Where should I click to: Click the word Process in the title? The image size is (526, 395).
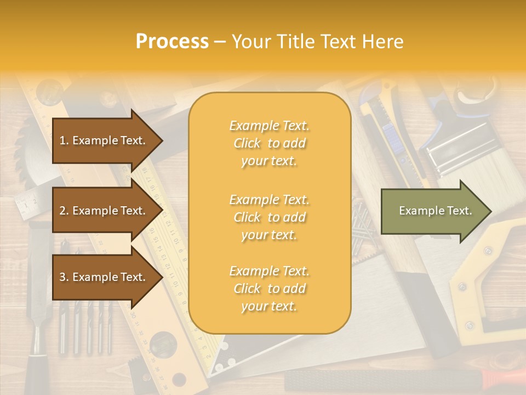click(172, 42)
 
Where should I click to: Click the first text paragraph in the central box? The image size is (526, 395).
click(269, 143)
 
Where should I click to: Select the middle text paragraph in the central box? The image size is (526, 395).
click(269, 217)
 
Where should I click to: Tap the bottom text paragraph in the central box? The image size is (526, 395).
click(269, 289)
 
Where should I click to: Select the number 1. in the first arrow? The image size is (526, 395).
click(64, 140)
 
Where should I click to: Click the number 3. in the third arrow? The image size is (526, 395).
click(64, 277)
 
